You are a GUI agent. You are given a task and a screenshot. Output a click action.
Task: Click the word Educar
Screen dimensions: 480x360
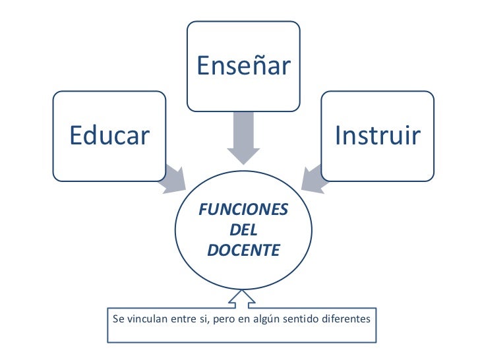tap(110, 136)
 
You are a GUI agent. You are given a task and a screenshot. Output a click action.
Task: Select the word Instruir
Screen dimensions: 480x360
tap(377, 136)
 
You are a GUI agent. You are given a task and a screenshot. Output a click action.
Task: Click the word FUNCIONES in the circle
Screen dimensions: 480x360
tap(243, 210)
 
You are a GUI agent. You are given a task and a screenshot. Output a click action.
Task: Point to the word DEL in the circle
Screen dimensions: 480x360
tap(243, 230)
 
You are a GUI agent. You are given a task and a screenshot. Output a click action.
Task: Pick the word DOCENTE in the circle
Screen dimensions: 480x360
tap(243, 251)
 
